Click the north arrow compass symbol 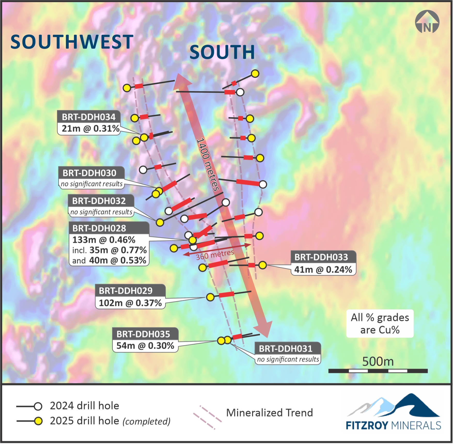point(427,22)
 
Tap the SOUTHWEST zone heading point(72,42)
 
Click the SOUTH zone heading point(222,52)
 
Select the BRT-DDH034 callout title point(89,117)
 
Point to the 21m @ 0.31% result point(90,128)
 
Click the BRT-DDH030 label point(89,173)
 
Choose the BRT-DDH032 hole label point(99,201)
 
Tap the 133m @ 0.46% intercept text point(104,240)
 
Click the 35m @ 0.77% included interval point(118,250)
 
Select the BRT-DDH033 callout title point(321,257)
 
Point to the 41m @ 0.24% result point(323,269)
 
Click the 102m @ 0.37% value point(130,303)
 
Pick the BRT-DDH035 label point(143,334)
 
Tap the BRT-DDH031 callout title point(286,349)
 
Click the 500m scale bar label point(378,361)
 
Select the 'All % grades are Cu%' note point(380,323)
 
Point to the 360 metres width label point(215,255)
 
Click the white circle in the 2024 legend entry point(38,406)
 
